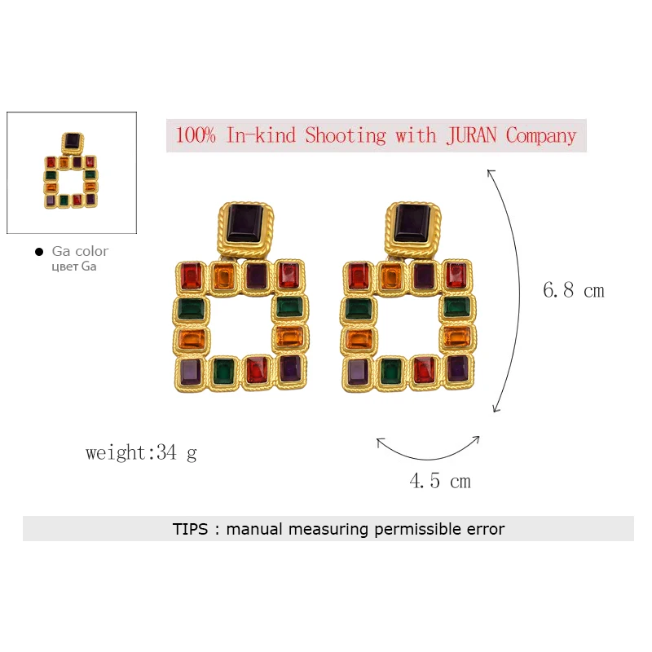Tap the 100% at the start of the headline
click(x=196, y=135)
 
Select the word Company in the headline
click(x=540, y=135)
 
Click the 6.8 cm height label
click(x=574, y=290)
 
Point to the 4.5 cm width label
click(x=440, y=481)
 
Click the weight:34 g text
click(x=141, y=452)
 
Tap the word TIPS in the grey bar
click(x=190, y=529)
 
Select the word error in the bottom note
click(x=482, y=529)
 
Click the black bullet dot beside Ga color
click(x=39, y=252)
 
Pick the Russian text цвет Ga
click(x=74, y=267)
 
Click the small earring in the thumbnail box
click(x=71, y=171)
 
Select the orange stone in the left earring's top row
click(x=223, y=276)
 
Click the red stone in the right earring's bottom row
click(x=424, y=370)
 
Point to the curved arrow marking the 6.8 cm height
click(x=517, y=290)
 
